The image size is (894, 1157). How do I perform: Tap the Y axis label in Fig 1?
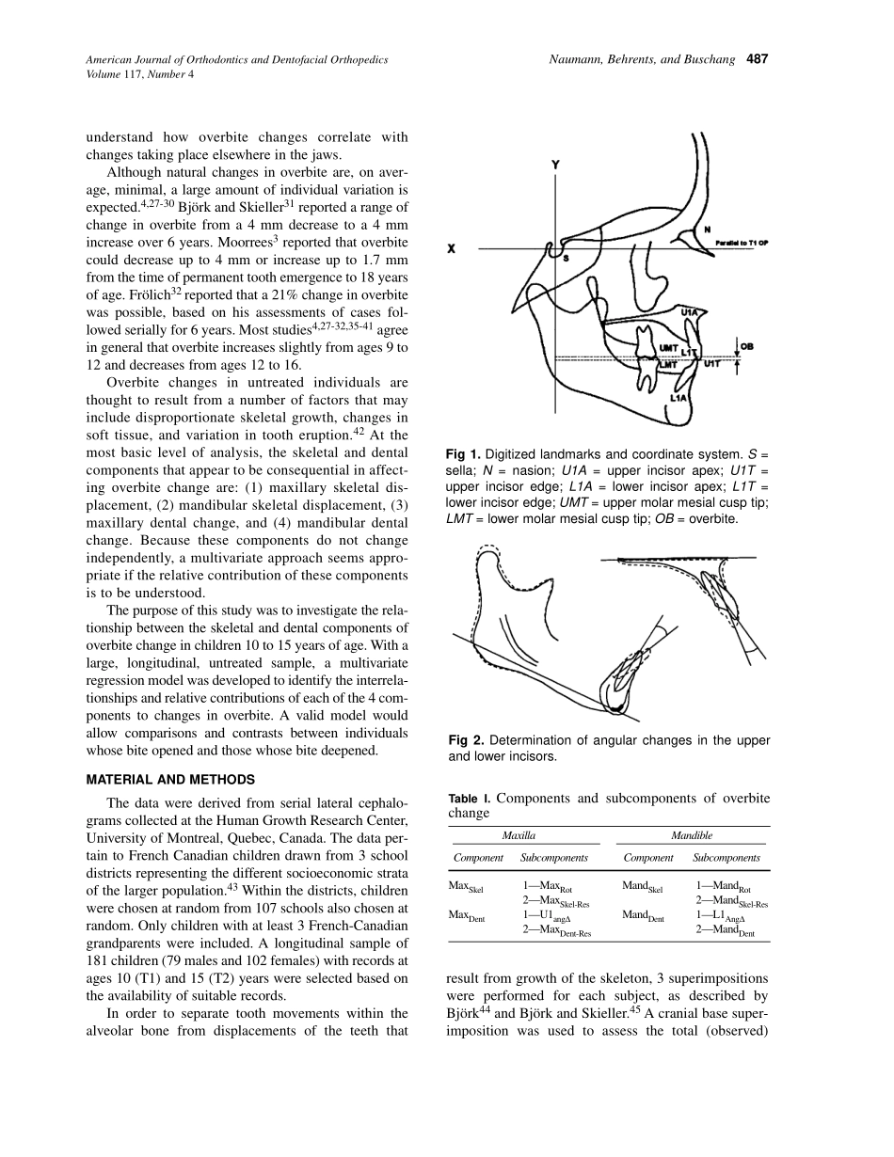click(x=555, y=165)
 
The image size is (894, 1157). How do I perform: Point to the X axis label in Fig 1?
click(x=453, y=249)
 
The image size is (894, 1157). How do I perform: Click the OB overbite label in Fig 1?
click(x=747, y=347)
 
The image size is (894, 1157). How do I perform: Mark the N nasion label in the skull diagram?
click(x=707, y=230)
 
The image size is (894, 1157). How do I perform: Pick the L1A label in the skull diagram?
click(x=678, y=398)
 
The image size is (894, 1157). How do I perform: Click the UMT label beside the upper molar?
click(x=669, y=349)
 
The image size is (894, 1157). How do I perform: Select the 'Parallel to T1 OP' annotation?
click(x=742, y=243)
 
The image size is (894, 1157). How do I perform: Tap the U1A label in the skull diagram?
click(x=689, y=311)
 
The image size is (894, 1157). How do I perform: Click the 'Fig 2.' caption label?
click(x=466, y=741)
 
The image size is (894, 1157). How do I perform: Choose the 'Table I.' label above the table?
click(x=469, y=799)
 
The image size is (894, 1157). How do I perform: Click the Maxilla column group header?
click(x=519, y=835)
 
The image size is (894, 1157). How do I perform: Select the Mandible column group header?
click(x=692, y=835)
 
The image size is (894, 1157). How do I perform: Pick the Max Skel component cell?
click(x=468, y=887)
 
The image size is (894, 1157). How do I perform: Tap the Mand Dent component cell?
click(x=642, y=915)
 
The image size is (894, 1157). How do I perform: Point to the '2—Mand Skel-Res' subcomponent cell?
click(x=732, y=901)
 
